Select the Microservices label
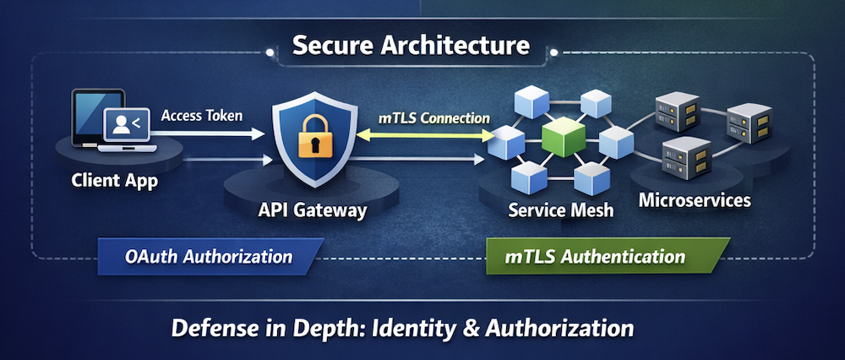[x=695, y=200]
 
